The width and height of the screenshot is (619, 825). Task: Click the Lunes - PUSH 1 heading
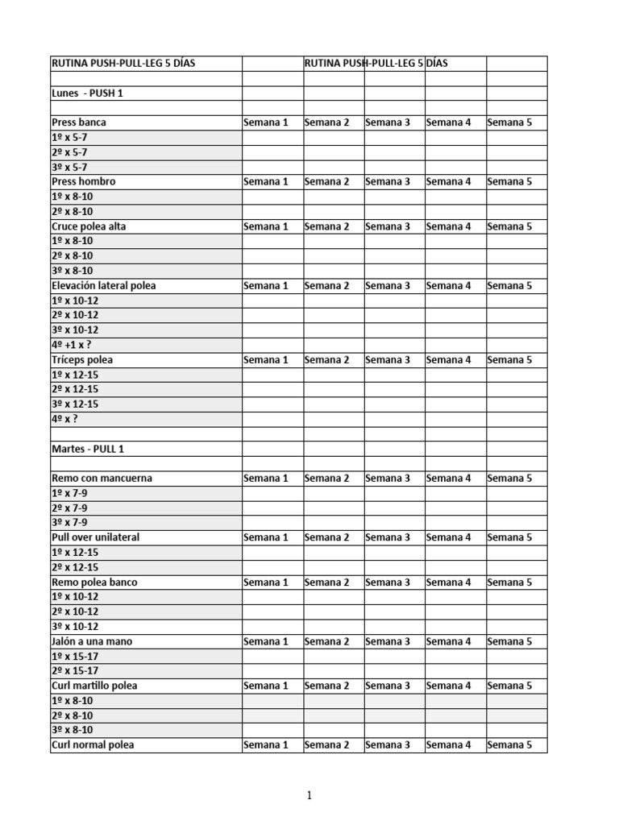tap(87, 93)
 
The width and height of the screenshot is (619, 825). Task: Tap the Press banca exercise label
tap(79, 122)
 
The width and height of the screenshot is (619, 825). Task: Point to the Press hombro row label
tap(83, 181)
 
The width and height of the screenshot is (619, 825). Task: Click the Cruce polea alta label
tap(89, 226)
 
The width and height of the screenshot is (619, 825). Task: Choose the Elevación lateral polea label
tap(104, 286)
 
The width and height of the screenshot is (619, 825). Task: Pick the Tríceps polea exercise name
tap(82, 360)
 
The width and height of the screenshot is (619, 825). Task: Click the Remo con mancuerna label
tap(102, 479)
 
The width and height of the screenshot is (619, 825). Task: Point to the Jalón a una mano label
tap(92, 641)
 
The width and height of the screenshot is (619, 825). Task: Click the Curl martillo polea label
tap(94, 686)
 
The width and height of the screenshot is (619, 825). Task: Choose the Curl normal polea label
tap(93, 745)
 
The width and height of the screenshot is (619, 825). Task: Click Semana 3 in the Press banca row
tap(388, 122)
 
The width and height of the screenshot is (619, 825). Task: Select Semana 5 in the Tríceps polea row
tap(509, 360)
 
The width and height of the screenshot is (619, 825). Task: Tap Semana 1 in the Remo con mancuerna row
tap(266, 479)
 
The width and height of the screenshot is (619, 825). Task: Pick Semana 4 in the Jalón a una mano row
tap(448, 641)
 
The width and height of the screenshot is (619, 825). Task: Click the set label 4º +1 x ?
tap(72, 345)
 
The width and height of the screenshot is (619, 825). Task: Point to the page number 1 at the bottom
tap(309, 796)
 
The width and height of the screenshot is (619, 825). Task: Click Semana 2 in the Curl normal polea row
tap(326, 745)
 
